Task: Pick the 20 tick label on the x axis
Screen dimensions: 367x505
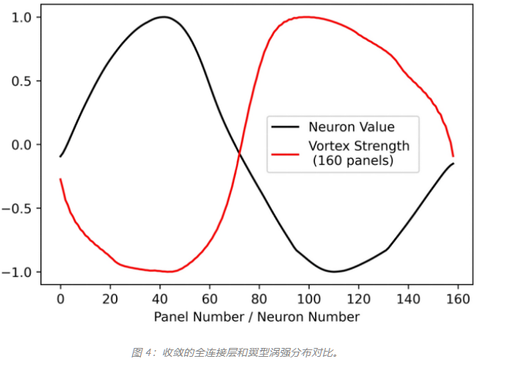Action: pyautogui.click(x=110, y=299)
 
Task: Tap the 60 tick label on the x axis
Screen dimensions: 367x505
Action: pyautogui.click(x=209, y=299)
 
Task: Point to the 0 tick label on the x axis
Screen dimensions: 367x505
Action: pyautogui.click(x=60, y=299)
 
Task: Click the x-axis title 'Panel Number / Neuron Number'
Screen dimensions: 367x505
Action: pyautogui.click(x=257, y=316)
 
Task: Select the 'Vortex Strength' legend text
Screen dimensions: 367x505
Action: pyautogui.click(x=358, y=146)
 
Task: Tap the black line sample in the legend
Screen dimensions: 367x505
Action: pyautogui.click(x=286, y=127)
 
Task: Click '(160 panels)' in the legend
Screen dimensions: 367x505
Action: pyautogui.click(x=352, y=160)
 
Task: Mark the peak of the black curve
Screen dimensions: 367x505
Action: pyautogui.click(x=163, y=17)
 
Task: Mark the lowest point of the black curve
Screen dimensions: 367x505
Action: pyautogui.click(x=334, y=272)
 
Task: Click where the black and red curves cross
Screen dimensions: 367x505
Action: pyautogui.click(x=239, y=152)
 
